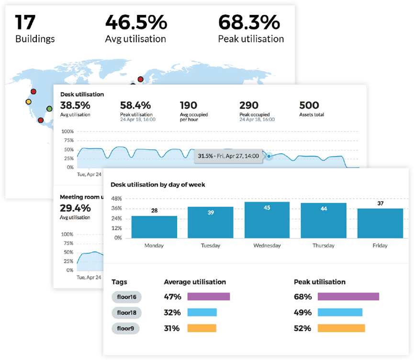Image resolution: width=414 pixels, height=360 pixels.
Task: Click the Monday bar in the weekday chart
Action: [x=154, y=226]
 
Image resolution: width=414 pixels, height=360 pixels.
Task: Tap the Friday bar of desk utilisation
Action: [x=380, y=223]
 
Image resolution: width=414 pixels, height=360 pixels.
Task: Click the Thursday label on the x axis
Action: [x=323, y=246]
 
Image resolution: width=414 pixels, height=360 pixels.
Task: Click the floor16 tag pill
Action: [x=126, y=297]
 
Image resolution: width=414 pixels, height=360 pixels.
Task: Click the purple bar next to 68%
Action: [x=348, y=297]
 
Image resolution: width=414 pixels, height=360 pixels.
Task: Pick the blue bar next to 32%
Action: [x=201, y=313]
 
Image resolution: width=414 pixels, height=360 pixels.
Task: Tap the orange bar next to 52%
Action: [x=341, y=328]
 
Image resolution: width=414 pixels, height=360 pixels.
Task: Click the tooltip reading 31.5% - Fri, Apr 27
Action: [x=228, y=157]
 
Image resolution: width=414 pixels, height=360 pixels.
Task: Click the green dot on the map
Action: [x=49, y=109]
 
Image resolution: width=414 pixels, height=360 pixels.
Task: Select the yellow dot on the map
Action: [x=28, y=101]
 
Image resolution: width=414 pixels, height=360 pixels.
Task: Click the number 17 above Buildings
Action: [x=25, y=22]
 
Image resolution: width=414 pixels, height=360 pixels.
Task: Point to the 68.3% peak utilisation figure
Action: [x=249, y=22]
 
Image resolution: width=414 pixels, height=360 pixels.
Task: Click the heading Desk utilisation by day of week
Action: [x=158, y=184]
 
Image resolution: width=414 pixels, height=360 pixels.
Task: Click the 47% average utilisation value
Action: [x=172, y=297]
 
